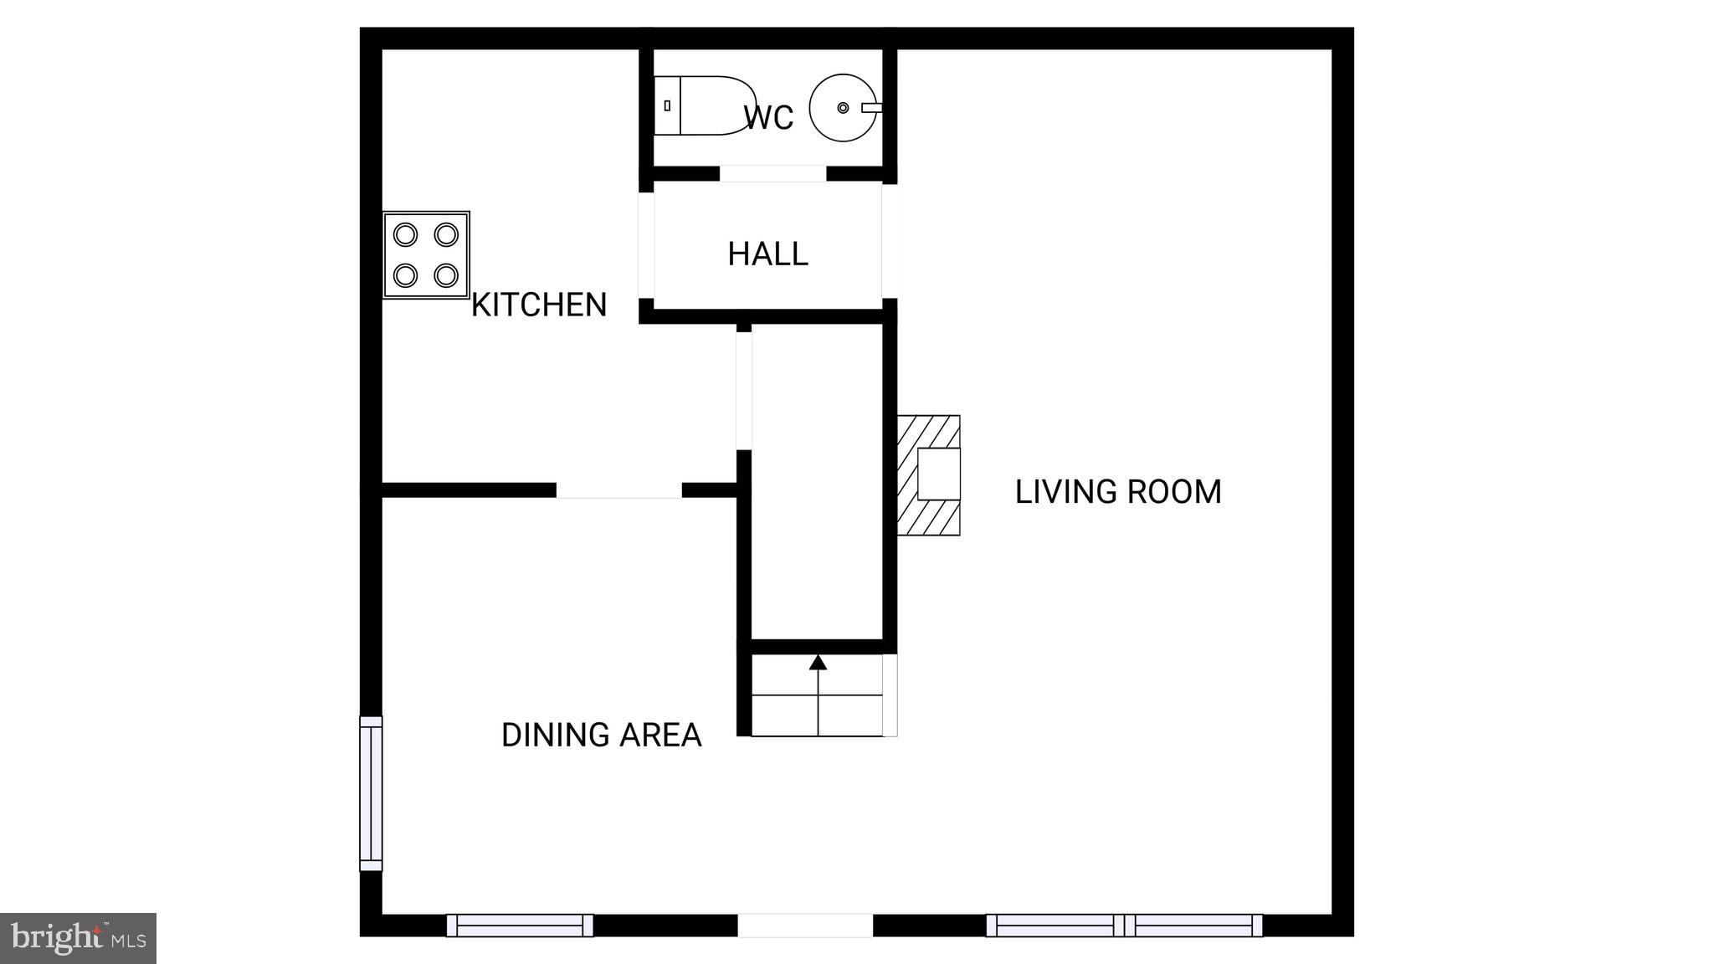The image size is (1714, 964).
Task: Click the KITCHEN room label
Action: pyautogui.click(x=539, y=305)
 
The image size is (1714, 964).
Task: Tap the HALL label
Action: pyautogui.click(x=767, y=254)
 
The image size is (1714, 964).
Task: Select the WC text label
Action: pyautogui.click(x=767, y=118)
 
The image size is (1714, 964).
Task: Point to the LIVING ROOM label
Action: pyautogui.click(x=1118, y=491)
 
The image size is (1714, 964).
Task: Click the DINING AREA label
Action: pyautogui.click(x=601, y=735)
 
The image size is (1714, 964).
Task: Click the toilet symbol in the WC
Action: pyautogui.click(x=707, y=106)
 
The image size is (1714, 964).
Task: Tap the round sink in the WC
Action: pyautogui.click(x=841, y=108)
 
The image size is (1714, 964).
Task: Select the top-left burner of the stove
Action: pyautogui.click(x=405, y=234)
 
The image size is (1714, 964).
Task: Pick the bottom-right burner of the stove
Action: pyautogui.click(x=446, y=274)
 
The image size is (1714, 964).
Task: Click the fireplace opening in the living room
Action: pyautogui.click(x=939, y=474)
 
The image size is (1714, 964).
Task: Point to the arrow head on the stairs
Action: pyautogui.click(x=818, y=663)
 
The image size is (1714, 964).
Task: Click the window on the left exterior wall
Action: pyautogui.click(x=371, y=793)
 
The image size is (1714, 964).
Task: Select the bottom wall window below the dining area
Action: pyautogui.click(x=520, y=925)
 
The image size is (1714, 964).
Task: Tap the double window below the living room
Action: pyautogui.click(x=1124, y=925)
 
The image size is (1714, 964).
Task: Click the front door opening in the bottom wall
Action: pyautogui.click(x=805, y=925)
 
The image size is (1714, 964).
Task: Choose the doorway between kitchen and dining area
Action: pyautogui.click(x=618, y=490)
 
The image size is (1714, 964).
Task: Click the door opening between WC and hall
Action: pyautogui.click(x=772, y=173)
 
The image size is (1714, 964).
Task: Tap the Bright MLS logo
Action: pyautogui.click(x=78, y=938)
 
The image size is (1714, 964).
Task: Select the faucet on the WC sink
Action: pyautogui.click(x=871, y=108)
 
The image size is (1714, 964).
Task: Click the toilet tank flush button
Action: pyautogui.click(x=667, y=106)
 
